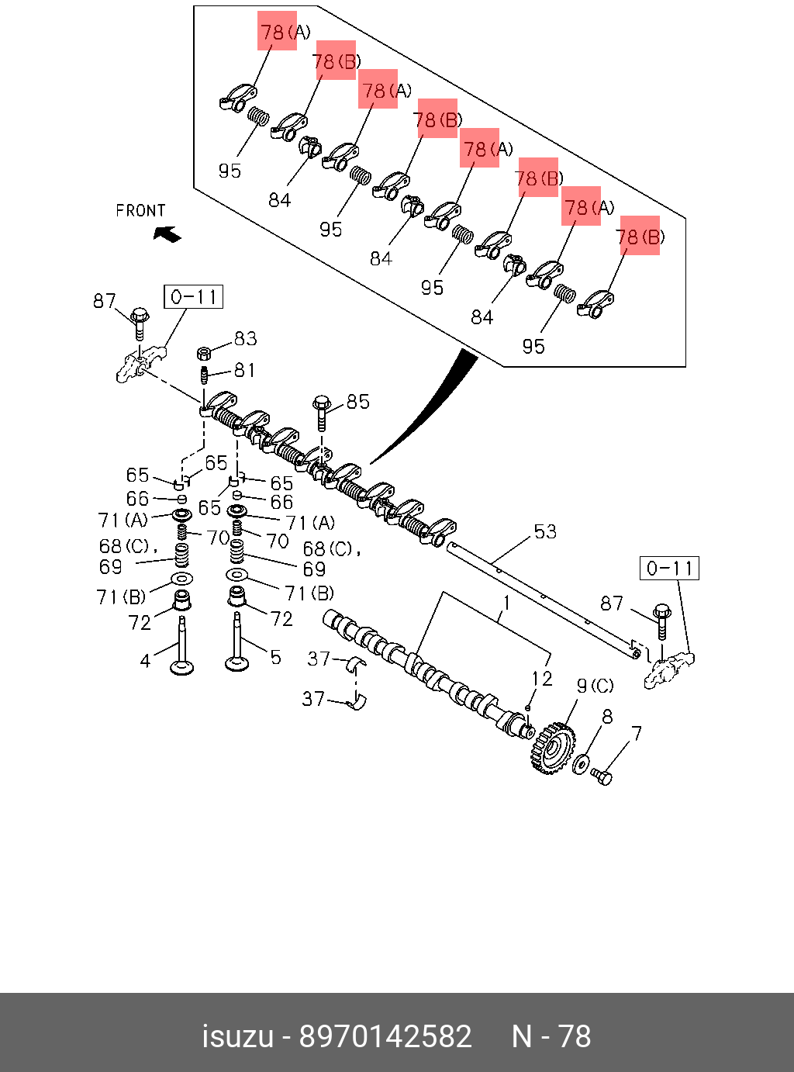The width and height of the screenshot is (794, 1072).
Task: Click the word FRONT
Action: pos(140,210)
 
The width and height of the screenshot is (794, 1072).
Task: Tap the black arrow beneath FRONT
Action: pos(167,233)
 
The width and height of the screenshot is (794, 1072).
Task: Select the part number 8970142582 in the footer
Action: pos(385,1036)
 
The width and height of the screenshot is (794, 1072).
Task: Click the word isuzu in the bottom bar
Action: pos(237,1036)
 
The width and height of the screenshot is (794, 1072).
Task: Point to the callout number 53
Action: pos(545,531)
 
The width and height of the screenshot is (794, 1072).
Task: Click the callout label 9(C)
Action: pos(595,686)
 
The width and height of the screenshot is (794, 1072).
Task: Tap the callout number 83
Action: pos(245,338)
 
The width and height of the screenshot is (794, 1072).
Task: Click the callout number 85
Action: pos(357,401)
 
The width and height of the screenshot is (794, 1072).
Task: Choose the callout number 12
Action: pos(541,679)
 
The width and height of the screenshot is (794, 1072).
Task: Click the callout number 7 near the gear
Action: pos(636,733)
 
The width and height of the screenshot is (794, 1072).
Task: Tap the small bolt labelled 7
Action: pos(602,775)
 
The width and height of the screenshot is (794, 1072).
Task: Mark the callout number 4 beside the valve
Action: pos(145,661)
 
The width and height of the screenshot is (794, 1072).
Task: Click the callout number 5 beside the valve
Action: pos(275,658)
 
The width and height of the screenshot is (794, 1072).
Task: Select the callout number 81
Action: pos(244,370)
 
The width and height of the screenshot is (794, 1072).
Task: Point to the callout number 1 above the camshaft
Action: pos(506,603)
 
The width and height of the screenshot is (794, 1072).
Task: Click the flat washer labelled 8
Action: pos(581,764)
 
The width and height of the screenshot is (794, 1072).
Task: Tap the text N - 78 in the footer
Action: pos(551,1036)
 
